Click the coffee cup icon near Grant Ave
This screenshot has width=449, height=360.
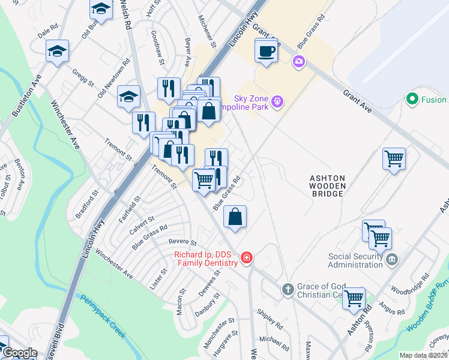tap(265, 50)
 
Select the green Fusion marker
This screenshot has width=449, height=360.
tap(411, 100)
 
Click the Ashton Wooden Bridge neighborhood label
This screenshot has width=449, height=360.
tap(327, 187)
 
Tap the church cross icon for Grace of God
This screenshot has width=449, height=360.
tap(288, 290)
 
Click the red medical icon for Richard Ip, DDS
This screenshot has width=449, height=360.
tap(246, 259)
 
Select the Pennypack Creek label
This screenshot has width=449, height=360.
tap(103, 316)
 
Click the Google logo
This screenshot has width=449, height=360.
tap(20, 353)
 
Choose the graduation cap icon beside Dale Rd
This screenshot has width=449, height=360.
tap(57, 51)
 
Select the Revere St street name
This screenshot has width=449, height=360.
tap(182, 243)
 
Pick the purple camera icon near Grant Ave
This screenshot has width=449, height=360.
tap(298, 61)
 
